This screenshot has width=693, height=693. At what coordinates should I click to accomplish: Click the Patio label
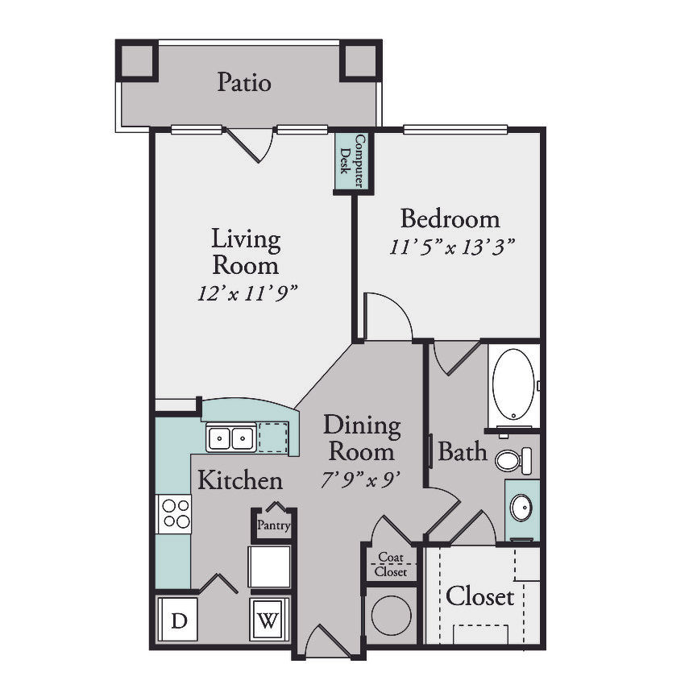pyautogui.click(x=244, y=82)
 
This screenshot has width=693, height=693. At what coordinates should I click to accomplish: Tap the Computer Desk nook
pyautogui.click(x=353, y=161)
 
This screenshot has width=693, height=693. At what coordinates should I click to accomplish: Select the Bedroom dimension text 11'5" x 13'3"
pyautogui.click(x=452, y=247)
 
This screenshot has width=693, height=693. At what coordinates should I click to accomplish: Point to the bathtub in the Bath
pyautogui.click(x=513, y=384)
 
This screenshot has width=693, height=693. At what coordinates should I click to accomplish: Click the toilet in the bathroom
pyautogui.click(x=513, y=461)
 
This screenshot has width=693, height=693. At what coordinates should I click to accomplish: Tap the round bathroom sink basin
pyautogui.click(x=521, y=508)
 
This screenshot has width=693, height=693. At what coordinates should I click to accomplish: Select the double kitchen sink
pyautogui.click(x=230, y=438)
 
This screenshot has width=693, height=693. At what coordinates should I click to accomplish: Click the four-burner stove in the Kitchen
pyautogui.click(x=174, y=513)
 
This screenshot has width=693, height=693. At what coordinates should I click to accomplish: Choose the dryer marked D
pyautogui.click(x=178, y=619)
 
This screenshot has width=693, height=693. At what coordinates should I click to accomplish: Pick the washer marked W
pyautogui.click(x=268, y=619)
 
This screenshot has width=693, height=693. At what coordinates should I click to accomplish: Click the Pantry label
pyautogui.click(x=274, y=525)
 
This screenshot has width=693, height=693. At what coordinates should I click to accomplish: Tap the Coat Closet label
pyautogui.click(x=391, y=564)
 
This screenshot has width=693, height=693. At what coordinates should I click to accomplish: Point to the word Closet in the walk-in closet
pyautogui.click(x=480, y=596)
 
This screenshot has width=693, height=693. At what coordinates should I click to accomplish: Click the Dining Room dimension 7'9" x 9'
pyautogui.click(x=361, y=480)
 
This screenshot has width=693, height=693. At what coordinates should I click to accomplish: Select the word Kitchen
pyautogui.click(x=240, y=480)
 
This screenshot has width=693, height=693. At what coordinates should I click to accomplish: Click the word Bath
pyautogui.click(x=463, y=452)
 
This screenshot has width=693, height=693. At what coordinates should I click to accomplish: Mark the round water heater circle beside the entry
pyautogui.click(x=392, y=615)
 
